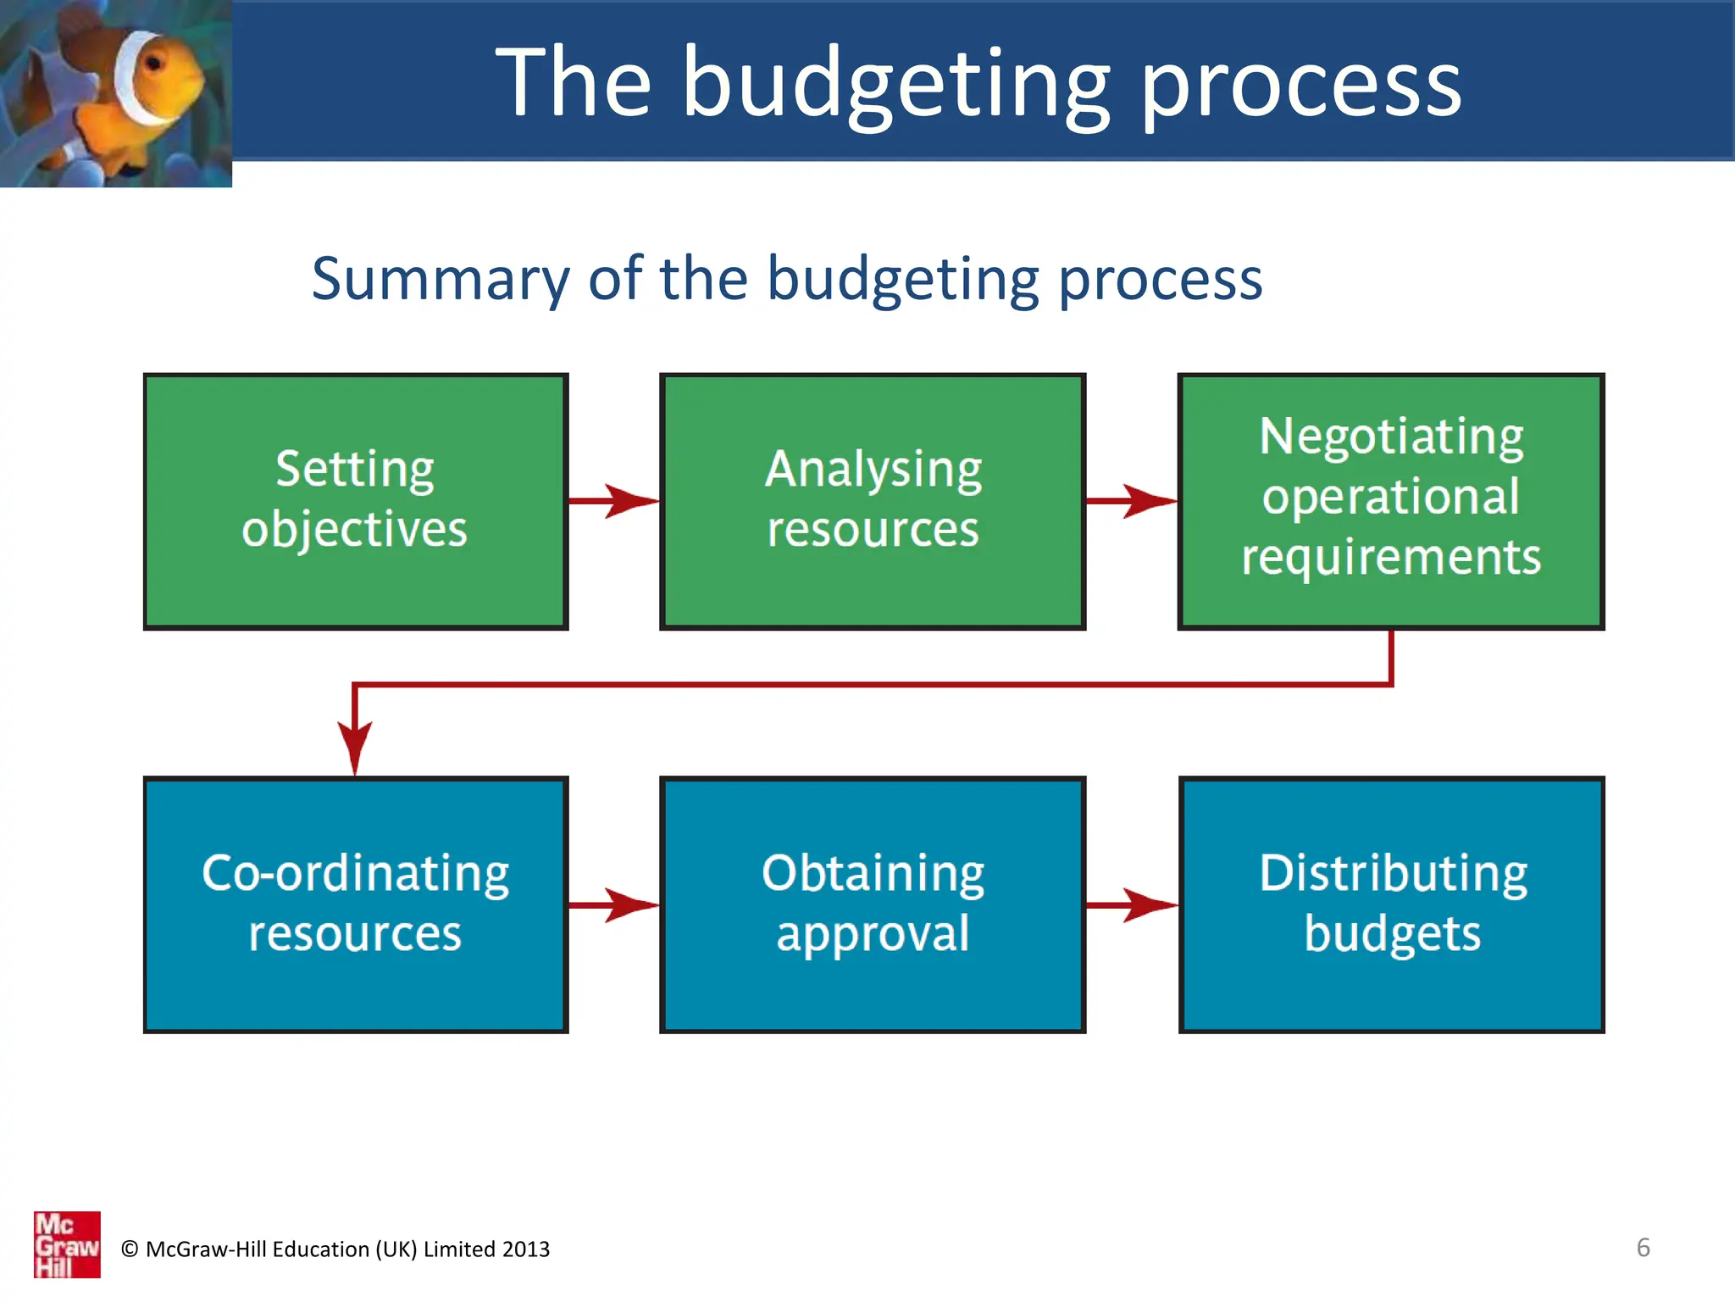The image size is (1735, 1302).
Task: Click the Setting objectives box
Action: click(355, 501)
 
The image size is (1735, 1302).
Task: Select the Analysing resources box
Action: click(873, 501)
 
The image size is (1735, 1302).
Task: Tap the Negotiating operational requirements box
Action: click(1391, 501)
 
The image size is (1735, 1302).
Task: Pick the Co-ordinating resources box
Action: click(355, 904)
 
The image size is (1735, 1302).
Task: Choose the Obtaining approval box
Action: click(873, 904)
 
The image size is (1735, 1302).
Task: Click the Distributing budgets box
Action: click(1391, 904)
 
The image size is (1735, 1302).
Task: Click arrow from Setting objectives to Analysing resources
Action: click(614, 501)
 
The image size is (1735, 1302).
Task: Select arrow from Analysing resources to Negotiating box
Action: click(1132, 501)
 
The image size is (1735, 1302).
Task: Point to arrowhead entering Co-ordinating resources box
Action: click(355, 746)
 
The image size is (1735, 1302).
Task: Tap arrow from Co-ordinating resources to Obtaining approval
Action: click(614, 904)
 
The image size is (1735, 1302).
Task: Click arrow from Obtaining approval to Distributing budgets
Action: click(1132, 904)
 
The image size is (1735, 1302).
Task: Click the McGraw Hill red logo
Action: click(67, 1244)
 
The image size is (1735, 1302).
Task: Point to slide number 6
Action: click(1643, 1248)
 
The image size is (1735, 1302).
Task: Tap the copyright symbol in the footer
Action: click(130, 1249)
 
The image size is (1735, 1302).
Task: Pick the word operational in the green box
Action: click(1391, 497)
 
